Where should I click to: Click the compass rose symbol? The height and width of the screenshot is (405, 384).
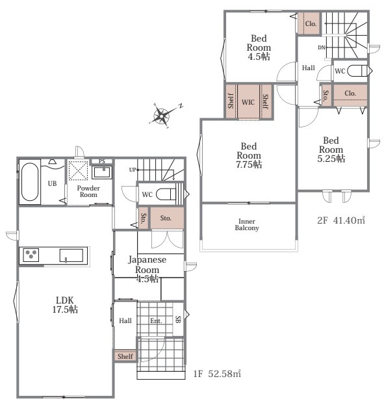point(162,116)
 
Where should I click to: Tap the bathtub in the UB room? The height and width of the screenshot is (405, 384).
point(30,181)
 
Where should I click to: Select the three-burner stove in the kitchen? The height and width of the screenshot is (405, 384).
point(31,255)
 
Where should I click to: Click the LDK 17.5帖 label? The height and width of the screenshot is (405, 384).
point(65,305)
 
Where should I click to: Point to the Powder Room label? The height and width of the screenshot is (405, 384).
point(88,191)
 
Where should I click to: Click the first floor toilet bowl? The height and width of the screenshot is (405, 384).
point(166,194)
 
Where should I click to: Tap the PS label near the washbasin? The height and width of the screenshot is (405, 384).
point(102,161)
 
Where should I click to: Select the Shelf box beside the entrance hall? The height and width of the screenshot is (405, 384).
point(125,356)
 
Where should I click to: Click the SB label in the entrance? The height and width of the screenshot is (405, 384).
point(178,319)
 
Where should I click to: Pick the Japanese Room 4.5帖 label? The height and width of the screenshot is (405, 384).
point(147,269)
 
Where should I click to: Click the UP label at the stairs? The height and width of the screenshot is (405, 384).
point(133,170)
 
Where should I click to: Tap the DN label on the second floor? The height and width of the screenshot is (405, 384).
point(321,47)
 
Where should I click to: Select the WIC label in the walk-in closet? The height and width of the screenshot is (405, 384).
point(248,102)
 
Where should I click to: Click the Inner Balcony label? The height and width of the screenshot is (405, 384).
point(247,224)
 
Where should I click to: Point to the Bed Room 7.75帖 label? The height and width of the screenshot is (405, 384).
point(249,155)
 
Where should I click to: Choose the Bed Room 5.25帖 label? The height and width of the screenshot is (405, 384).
point(331,150)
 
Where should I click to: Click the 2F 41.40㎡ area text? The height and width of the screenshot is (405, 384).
point(341,220)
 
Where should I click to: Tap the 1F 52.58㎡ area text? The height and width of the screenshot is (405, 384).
point(217,374)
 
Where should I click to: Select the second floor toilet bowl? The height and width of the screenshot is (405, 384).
point(357,71)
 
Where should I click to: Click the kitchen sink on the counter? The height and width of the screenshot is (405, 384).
point(71,255)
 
